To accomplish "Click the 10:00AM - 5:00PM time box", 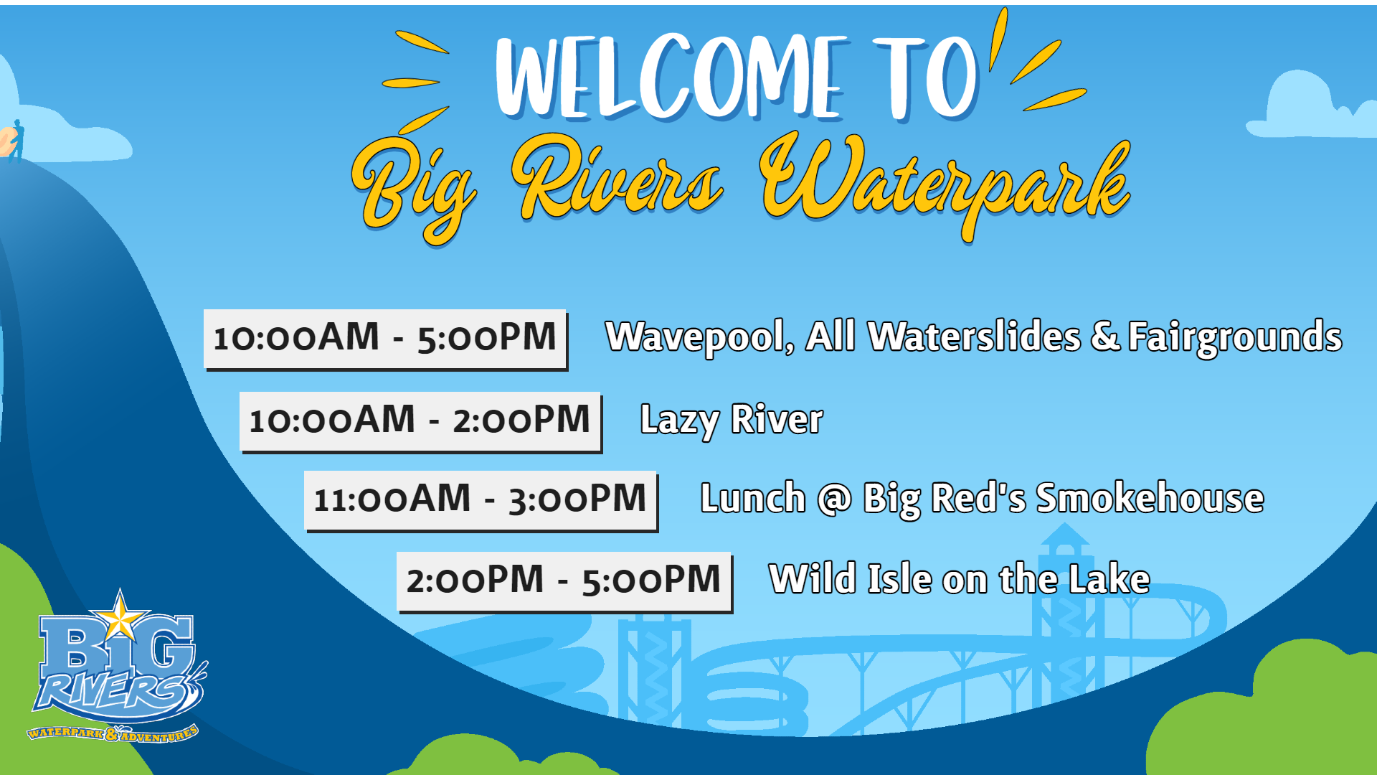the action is (386, 339).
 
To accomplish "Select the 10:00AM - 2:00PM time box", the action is (421, 422).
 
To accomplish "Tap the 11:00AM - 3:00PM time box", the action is (481, 501).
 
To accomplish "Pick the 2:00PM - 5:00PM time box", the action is (564, 582).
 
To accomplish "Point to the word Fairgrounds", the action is (1235, 337).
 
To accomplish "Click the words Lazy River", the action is (732, 421).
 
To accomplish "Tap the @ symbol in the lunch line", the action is (835, 499).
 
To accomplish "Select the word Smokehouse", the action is (1150, 498).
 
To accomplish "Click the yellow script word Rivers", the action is (617, 179).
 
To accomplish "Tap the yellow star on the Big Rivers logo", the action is (120, 615).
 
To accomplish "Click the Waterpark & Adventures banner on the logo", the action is (113, 733).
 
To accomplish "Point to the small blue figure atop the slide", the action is (17, 140).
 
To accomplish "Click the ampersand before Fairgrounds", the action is (1105, 336).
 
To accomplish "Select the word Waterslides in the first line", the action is (974, 337).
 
